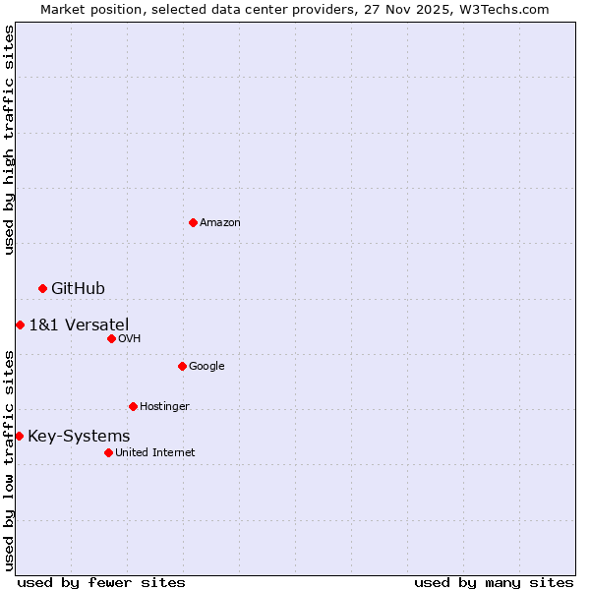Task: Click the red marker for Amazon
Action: (x=193, y=222)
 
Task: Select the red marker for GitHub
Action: (x=42, y=288)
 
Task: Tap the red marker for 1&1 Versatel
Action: (x=20, y=324)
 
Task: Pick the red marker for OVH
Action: (x=111, y=338)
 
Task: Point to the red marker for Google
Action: (x=182, y=366)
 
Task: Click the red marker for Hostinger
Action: (x=133, y=406)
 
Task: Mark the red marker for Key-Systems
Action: (x=19, y=436)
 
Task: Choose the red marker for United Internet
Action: (x=108, y=452)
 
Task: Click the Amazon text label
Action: (x=220, y=223)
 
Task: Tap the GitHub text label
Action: (x=78, y=288)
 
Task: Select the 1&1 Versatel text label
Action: (x=79, y=324)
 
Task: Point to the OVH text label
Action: (x=130, y=339)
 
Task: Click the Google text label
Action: (x=206, y=367)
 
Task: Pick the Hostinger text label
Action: (x=164, y=407)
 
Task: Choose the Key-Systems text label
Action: (x=79, y=436)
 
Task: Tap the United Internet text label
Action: (x=154, y=453)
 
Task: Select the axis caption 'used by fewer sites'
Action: (x=101, y=582)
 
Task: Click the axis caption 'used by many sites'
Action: (x=494, y=582)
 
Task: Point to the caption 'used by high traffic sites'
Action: (x=9, y=140)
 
